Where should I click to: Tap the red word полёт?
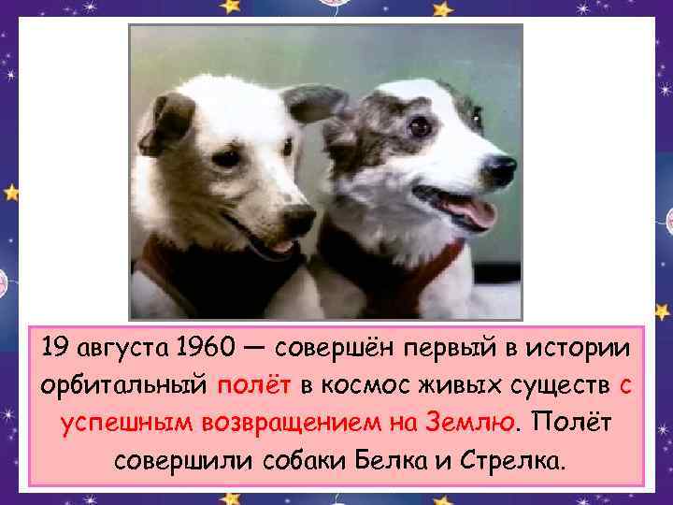(253, 387)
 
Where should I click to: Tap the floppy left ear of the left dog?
(162, 122)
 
